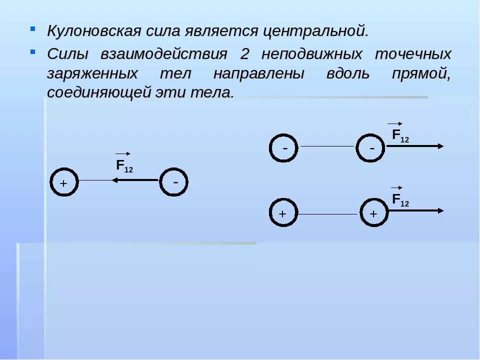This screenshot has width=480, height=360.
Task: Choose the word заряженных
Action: tap(93, 74)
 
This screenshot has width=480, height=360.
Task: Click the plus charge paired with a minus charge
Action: tap(64, 182)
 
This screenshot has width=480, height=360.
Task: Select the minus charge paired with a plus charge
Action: tap(174, 182)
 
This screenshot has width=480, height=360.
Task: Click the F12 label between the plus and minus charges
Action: tap(124, 165)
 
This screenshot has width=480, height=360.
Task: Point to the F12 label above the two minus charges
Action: tap(400, 135)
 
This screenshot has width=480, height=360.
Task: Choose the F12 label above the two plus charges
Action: tap(400, 200)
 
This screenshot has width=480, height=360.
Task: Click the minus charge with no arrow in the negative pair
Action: tap(284, 147)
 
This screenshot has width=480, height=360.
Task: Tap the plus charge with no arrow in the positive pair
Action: tap(283, 213)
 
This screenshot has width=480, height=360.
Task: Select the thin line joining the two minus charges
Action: tap(327, 146)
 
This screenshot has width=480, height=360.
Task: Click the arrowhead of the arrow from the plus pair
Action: tap(440, 210)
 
